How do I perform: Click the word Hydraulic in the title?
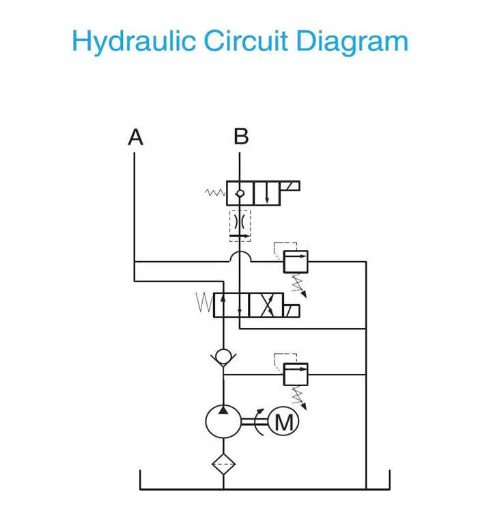pyautogui.click(x=134, y=42)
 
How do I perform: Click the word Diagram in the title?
pyautogui.click(x=352, y=42)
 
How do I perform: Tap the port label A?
pyautogui.click(x=136, y=137)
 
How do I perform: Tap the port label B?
pyautogui.click(x=240, y=137)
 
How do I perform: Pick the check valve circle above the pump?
pyautogui.click(x=223, y=357)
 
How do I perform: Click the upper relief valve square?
pyautogui.click(x=295, y=262)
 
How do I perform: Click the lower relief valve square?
pyautogui.click(x=295, y=374)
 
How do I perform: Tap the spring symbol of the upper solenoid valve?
pyautogui.click(x=215, y=193)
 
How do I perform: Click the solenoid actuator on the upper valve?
pyautogui.click(x=290, y=186)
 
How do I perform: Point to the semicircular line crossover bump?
pyautogui.click(x=240, y=256)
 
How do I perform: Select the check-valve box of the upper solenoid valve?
pyautogui.click(x=240, y=193)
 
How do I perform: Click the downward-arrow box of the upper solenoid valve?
pyautogui.click(x=267, y=193)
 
